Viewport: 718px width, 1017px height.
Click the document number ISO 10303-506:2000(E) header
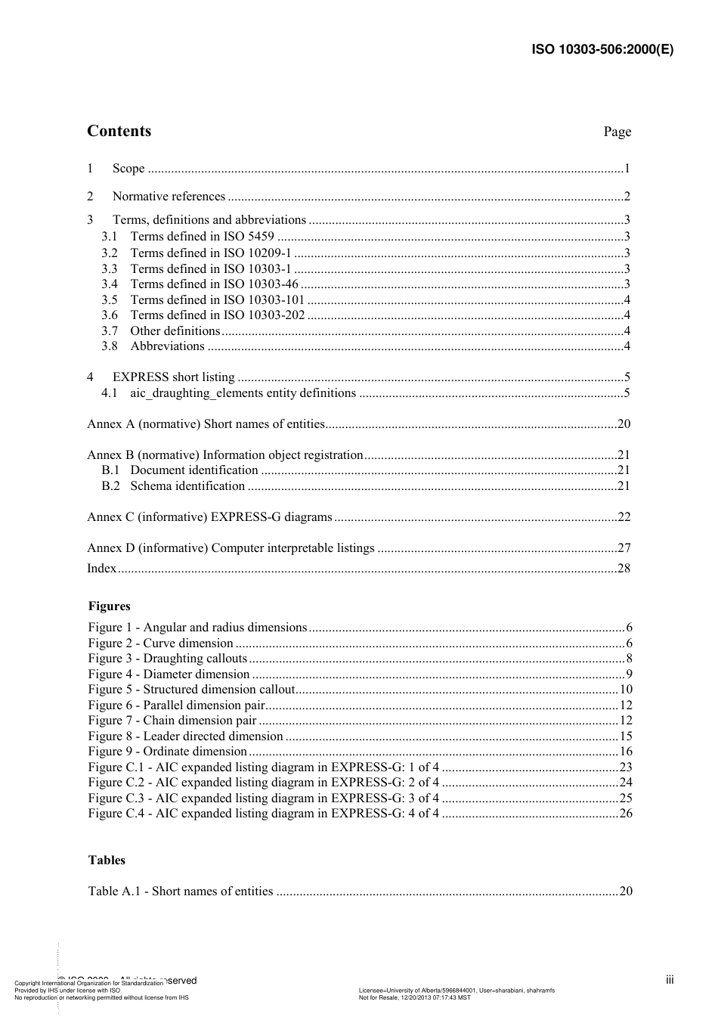pyautogui.click(x=602, y=50)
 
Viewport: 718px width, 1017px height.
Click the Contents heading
pyautogui.click(x=119, y=131)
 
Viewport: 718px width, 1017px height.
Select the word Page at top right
pyautogui.click(x=617, y=132)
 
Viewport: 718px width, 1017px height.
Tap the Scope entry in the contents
pyautogui.click(x=128, y=169)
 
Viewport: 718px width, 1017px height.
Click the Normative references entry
pyautogui.click(x=169, y=197)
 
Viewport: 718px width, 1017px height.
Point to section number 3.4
pyautogui.click(x=110, y=284)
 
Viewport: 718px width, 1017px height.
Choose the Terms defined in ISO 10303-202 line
pyautogui.click(x=218, y=315)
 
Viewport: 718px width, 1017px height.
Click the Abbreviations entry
pyautogui.click(x=167, y=346)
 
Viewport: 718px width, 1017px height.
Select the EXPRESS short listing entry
pyautogui.click(x=173, y=377)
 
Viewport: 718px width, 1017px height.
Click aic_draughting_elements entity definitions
pyautogui.click(x=243, y=393)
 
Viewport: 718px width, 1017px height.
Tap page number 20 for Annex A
pyautogui.click(x=624, y=424)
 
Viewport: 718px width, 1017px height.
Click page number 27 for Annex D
pyautogui.click(x=624, y=548)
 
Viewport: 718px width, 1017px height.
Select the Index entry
pyautogui.click(x=102, y=569)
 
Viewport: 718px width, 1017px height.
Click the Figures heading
pyautogui.click(x=109, y=606)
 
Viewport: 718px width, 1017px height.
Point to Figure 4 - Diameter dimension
pyautogui.click(x=169, y=674)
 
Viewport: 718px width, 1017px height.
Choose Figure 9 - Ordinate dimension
pyautogui.click(x=168, y=752)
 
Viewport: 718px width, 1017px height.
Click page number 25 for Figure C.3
pyautogui.click(x=625, y=798)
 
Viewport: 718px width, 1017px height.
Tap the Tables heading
pyautogui.click(x=107, y=860)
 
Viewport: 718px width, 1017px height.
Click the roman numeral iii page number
pyautogui.click(x=670, y=980)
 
